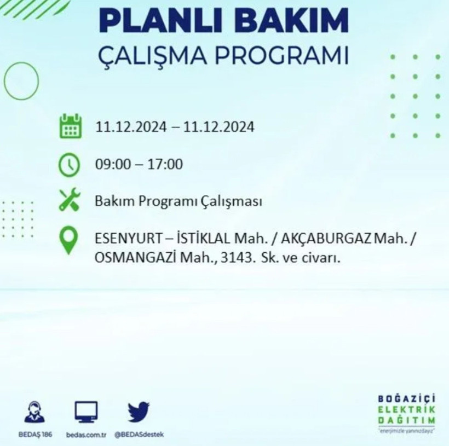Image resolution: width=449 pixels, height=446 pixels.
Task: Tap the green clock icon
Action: (70, 164)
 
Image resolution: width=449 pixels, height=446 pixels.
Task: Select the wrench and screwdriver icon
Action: (70, 201)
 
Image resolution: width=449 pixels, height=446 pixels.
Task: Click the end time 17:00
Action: (167, 164)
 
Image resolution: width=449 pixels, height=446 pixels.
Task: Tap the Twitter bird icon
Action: (139, 412)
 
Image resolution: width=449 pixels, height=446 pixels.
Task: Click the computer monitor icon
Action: (86, 412)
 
